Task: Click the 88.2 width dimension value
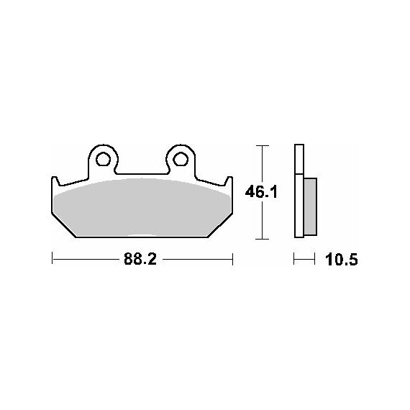click(x=140, y=259)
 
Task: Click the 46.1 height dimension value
click(x=261, y=192)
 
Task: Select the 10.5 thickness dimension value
click(x=341, y=260)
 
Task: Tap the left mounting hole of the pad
click(x=103, y=159)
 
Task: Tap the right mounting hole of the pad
click(x=181, y=159)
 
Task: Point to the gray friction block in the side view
click(x=310, y=207)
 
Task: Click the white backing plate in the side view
click(x=299, y=191)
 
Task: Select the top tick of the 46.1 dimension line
click(x=262, y=145)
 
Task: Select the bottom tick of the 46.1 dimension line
click(x=262, y=239)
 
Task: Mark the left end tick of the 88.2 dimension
click(x=53, y=259)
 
